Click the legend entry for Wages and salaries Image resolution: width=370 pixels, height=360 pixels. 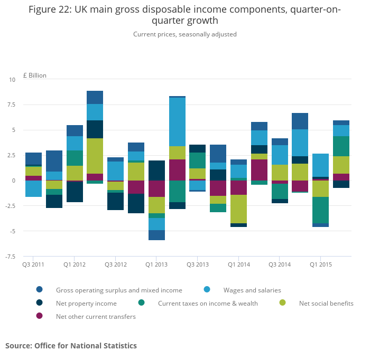coord(252,290)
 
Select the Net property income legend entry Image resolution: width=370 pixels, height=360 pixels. coord(86,304)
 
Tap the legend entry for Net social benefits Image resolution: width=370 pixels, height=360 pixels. coord(326,304)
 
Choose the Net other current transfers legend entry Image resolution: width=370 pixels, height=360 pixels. coord(96,317)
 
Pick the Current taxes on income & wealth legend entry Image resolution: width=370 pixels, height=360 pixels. coord(208,304)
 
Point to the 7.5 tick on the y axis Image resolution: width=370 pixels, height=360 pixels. coord(11,105)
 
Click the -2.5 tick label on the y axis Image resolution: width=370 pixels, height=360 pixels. coord(10,206)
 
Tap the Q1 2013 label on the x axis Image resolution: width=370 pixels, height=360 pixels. coord(156,264)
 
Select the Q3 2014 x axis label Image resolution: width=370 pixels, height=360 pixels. coord(280,264)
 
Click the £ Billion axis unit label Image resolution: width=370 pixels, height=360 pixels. coord(34,75)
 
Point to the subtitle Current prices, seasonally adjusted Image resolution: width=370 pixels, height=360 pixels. coord(184,34)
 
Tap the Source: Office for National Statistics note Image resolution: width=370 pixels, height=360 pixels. coord(71,346)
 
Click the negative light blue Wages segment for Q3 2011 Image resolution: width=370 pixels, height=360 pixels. coord(33,188)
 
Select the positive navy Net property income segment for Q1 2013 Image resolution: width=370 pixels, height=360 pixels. coord(156,170)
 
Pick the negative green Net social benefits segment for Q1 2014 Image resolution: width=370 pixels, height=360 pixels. coord(238,209)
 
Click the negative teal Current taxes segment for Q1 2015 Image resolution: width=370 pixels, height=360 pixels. coord(320,210)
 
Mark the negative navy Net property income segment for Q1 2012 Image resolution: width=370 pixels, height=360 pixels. coord(75,192)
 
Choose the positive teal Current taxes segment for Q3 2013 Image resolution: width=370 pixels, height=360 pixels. coord(197,160)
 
